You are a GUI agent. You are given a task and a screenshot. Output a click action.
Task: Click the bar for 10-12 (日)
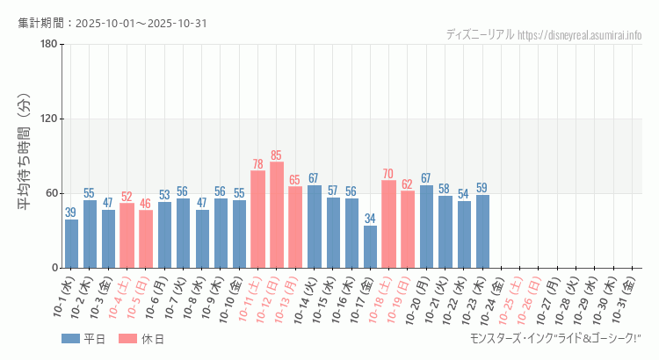(277, 215)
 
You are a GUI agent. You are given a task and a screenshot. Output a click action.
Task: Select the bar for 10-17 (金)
(370, 247)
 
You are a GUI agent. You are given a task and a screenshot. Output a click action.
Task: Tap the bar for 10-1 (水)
(71, 244)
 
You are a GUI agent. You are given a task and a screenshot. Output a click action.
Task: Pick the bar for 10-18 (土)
(388, 224)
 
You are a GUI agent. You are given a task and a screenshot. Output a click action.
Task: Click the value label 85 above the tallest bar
(277, 155)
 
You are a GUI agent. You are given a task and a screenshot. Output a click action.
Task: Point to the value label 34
(370, 219)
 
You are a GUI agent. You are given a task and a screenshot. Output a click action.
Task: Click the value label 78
(258, 164)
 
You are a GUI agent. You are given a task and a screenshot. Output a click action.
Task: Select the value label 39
(71, 212)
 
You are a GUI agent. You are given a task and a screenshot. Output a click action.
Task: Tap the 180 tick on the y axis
(48, 45)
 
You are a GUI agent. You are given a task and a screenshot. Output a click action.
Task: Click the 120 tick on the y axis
(48, 119)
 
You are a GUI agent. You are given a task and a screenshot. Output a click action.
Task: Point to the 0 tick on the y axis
(54, 268)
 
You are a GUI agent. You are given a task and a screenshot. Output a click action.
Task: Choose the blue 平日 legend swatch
(71, 339)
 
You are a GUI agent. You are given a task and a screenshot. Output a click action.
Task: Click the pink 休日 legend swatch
(127, 339)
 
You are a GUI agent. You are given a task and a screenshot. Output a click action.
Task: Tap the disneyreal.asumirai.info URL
(580, 35)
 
